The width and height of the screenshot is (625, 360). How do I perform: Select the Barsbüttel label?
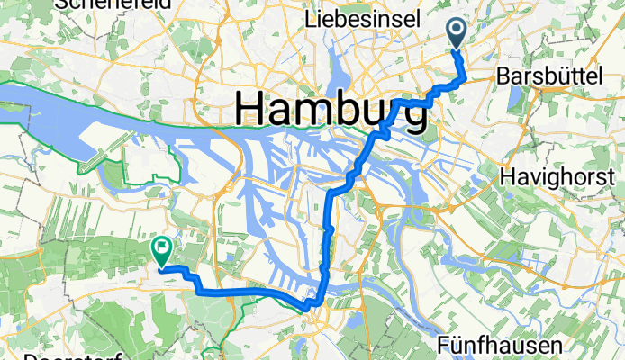pos(548,78)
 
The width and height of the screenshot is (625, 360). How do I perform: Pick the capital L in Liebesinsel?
pos(312,18)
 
